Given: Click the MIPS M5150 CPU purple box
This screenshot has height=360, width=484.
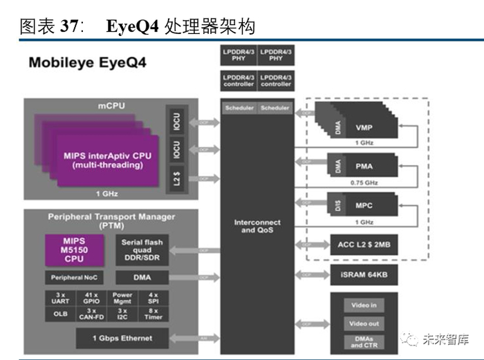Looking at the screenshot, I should pos(74,249).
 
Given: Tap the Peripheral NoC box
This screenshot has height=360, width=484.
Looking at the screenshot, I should pos(74,278).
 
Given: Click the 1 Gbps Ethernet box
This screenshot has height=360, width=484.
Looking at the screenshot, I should pos(122,339).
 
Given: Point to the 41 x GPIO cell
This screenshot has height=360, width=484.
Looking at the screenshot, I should pos(91,299).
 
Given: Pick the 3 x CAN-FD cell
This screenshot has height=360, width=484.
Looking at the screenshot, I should pos(91,314).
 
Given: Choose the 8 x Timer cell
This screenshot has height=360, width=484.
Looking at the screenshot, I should pos(153,314).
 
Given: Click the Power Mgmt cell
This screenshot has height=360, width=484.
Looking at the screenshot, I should pos(122,299).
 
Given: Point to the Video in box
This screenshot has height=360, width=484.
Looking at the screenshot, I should pos(364,305).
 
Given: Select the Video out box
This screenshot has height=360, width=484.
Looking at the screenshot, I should pos(364,323).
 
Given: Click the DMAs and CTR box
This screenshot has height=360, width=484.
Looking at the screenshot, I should pos(364,341).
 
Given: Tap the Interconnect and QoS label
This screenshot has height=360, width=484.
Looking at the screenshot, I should pos(257,226).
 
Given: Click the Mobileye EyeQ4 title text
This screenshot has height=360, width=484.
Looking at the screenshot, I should pos(87,63).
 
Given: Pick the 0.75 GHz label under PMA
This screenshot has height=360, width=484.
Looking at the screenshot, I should pos(364,182).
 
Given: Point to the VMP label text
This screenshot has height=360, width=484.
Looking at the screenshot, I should pos(364,128).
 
